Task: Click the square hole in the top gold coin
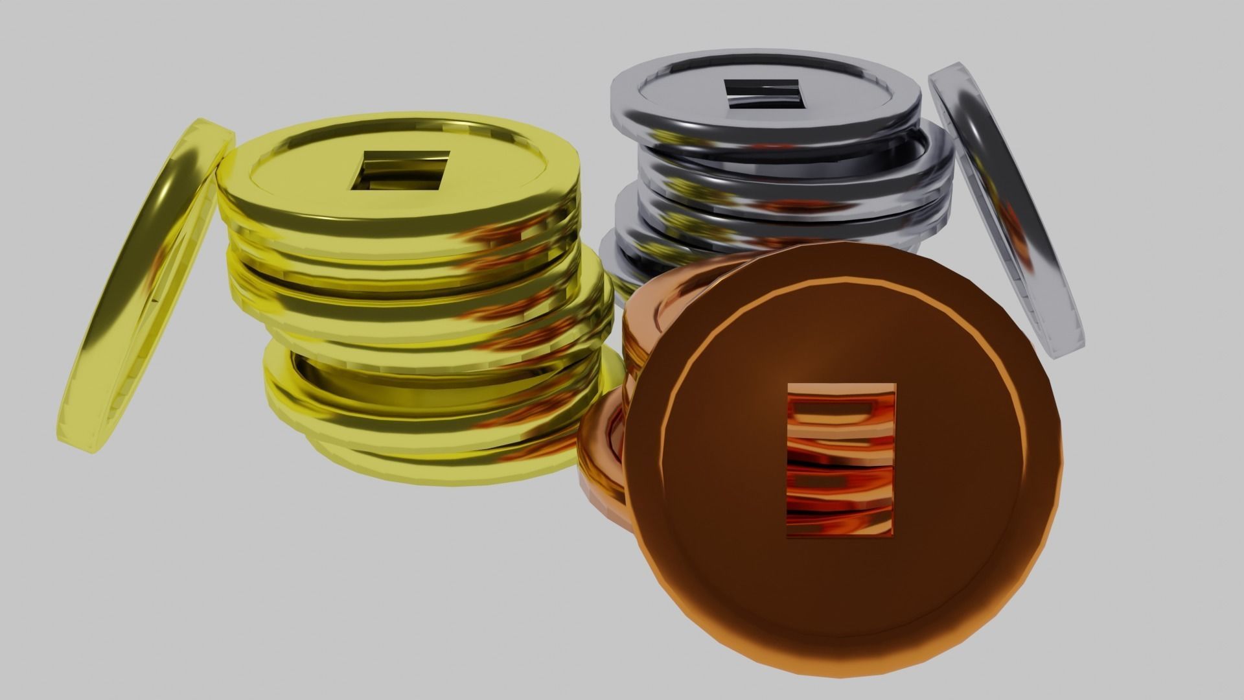400,171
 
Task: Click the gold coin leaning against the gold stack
146,285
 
